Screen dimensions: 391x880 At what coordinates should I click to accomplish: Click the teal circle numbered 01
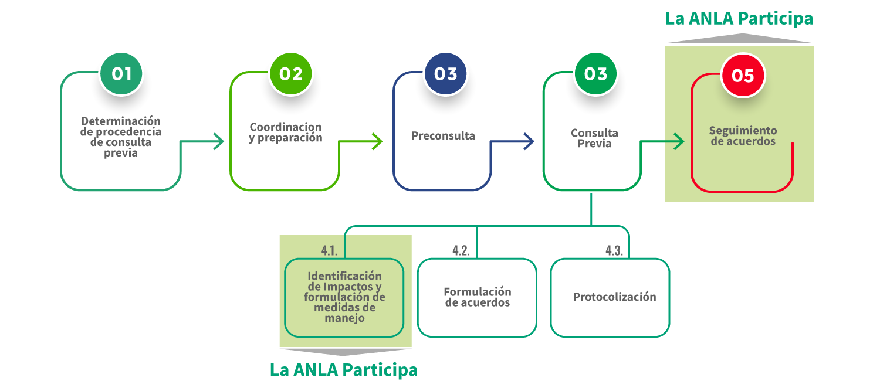[x=121, y=74]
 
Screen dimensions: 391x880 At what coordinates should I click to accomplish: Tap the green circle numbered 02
[x=290, y=74]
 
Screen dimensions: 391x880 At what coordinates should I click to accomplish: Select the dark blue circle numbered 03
[x=445, y=74]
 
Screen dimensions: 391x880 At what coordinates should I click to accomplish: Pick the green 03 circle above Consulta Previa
[x=595, y=74]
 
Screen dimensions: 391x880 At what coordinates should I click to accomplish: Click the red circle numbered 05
[x=743, y=76]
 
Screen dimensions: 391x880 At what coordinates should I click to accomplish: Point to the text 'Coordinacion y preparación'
[x=286, y=132]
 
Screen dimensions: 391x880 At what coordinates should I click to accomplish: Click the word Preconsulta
[x=443, y=136]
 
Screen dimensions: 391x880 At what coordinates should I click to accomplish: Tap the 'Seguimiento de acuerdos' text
[x=743, y=136]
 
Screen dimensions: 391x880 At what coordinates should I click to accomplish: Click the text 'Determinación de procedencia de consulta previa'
[x=121, y=137]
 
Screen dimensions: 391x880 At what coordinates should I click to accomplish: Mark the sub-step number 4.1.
[x=329, y=250]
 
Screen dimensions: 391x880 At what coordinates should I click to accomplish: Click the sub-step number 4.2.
[x=461, y=250]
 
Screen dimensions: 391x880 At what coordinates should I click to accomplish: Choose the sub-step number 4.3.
[x=614, y=250]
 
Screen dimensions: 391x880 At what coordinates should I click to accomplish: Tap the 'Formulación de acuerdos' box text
[x=477, y=297]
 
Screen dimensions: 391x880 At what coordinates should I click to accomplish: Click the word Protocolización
[x=614, y=297]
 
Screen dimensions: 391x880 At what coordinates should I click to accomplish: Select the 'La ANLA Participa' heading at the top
[x=739, y=19]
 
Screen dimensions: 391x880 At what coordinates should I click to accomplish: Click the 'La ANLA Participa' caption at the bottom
[x=344, y=370]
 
